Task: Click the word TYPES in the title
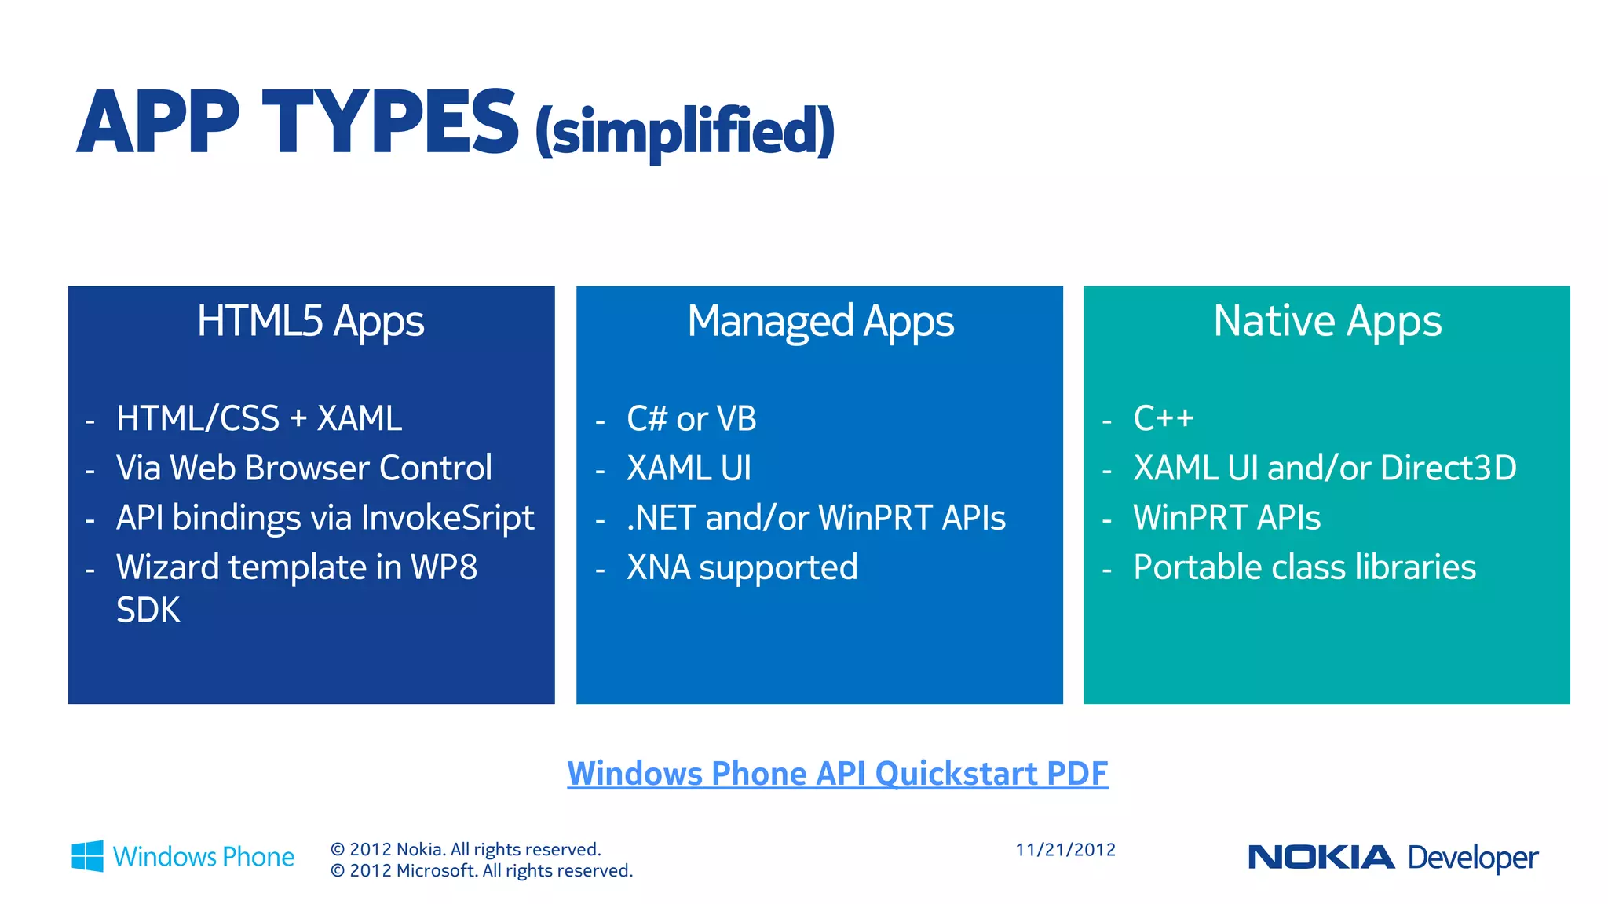click(x=390, y=123)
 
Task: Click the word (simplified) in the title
click(x=685, y=131)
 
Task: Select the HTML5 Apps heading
click(x=310, y=321)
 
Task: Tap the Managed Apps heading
click(x=820, y=321)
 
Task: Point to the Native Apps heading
click(x=1327, y=321)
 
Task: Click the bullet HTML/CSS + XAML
click(x=258, y=418)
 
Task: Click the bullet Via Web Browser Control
click(x=304, y=468)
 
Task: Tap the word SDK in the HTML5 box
click(x=148, y=611)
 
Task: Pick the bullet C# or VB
click(x=691, y=419)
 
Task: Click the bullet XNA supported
click(x=742, y=567)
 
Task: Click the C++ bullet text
click(x=1164, y=418)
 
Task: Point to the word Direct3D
click(x=1448, y=468)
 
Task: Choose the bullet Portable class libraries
click(x=1304, y=567)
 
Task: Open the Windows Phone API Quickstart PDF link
click(x=837, y=774)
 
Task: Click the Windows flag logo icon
click(x=87, y=856)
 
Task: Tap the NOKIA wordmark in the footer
click(x=1321, y=857)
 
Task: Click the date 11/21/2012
click(x=1065, y=850)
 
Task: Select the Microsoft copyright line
click(x=481, y=871)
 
